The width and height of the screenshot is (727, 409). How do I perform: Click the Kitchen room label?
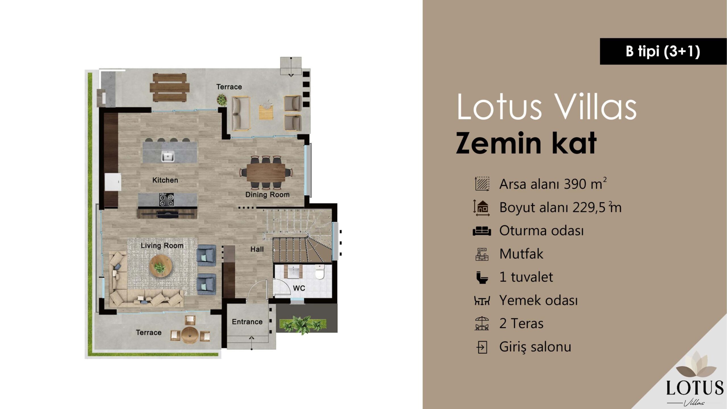[x=165, y=180]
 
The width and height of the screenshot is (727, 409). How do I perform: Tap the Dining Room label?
[x=268, y=195]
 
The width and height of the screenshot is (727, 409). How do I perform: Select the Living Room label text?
[x=162, y=245]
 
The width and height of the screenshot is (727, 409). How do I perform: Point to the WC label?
[x=299, y=288]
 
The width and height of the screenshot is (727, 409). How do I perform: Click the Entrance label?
[x=247, y=322]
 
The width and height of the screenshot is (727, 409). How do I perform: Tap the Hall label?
[x=257, y=249]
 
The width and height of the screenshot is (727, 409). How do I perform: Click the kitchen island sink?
[x=168, y=156]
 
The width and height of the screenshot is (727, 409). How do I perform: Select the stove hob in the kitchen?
[x=166, y=200]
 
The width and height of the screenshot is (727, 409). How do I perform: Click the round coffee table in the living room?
[x=161, y=266]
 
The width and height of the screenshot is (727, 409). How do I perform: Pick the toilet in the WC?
[x=320, y=272]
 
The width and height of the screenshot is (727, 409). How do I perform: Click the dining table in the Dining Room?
[x=266, y=172]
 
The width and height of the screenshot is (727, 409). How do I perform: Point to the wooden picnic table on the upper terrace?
[x=170, y=87]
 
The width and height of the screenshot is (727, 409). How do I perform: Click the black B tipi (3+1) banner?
[x=663, y=51]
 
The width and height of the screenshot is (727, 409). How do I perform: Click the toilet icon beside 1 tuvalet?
[x=482, y=277]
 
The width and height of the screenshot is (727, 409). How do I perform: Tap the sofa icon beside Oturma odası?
[x=482, y=231]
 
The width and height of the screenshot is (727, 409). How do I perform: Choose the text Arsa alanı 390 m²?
[x=553, y=184]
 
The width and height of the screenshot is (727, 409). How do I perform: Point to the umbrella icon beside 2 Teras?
[x=482, y=324]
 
